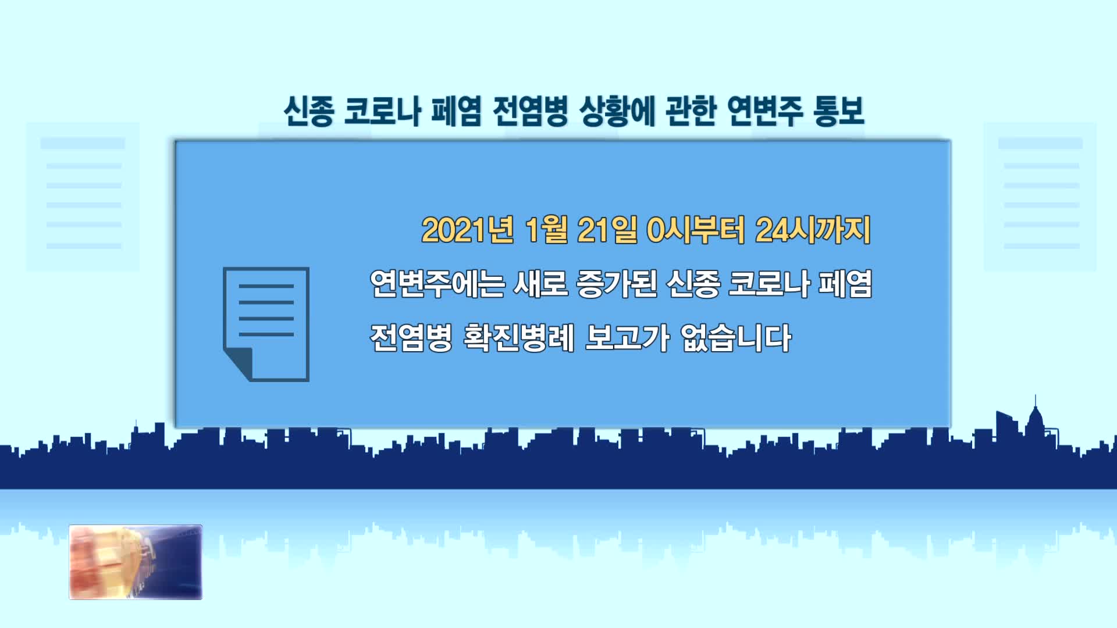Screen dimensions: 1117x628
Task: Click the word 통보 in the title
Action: point(838,110)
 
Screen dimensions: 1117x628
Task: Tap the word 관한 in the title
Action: point(691,110)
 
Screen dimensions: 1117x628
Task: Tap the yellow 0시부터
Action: point(696,230)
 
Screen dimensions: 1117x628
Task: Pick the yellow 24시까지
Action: point(813,230)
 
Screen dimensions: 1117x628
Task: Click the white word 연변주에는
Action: point(437,284)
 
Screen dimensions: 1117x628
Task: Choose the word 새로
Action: point(540,284)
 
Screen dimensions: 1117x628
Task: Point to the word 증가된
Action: point(617,284)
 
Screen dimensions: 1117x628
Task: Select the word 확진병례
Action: point(519,337)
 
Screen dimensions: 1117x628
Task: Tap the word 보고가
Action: point(627,337)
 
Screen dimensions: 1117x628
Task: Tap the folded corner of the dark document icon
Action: point(239,365)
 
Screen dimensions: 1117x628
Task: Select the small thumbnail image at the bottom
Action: point(136,562)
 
